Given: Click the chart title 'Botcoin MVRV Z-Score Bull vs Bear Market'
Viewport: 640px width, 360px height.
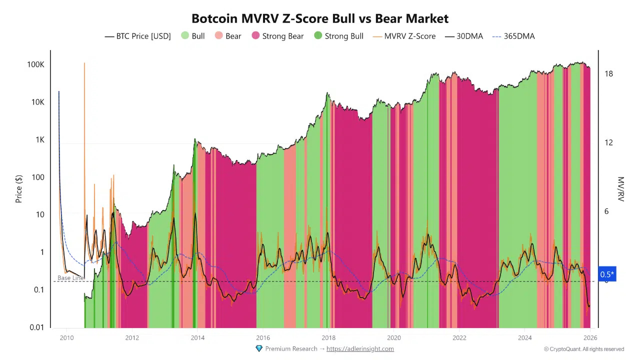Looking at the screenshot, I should coord(320,18).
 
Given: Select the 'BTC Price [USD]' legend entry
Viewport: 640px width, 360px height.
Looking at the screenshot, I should coord(137,36).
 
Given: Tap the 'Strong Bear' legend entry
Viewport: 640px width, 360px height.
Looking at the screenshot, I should coord(277,36).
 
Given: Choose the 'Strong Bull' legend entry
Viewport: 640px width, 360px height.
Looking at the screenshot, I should coord(338,36).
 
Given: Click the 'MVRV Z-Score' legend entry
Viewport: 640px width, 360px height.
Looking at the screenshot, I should coord(403,36).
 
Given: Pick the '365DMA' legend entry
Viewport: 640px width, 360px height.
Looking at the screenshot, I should coord(513,36).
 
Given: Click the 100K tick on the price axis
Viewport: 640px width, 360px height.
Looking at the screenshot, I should coord(35,64).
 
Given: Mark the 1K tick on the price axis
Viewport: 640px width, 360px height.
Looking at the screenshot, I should coord(38,139).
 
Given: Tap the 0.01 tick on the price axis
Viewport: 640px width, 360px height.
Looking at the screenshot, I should coord(36,327).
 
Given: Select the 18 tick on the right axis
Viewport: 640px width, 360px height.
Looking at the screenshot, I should coord(608,74).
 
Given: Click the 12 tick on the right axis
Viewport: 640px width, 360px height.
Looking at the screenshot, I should coord(608,142).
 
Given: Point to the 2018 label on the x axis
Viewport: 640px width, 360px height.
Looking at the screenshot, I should coord(328,337).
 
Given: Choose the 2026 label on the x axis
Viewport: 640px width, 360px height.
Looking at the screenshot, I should coord(590,337).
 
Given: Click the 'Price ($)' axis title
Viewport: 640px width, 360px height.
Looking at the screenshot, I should coord(19,188).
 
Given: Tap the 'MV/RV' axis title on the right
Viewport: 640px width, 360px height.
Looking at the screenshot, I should coord(621,188).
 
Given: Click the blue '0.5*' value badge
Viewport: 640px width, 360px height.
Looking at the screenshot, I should coord(607,274).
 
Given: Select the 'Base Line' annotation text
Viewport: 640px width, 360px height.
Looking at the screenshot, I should coord(70,277).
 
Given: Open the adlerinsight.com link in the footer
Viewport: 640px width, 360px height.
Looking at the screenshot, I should coord(360,348).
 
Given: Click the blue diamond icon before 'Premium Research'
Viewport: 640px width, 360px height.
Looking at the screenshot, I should coord(259,348).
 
